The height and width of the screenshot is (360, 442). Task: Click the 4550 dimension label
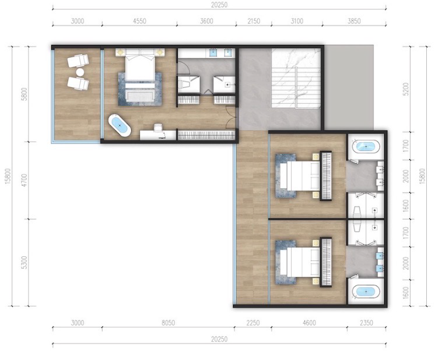[x=139, y=21]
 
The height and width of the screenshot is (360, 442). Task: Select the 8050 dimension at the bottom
[x=169, y=323]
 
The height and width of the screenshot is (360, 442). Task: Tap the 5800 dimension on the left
[x=24, y=94]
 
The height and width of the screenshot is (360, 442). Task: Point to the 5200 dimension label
[x=406, y=89]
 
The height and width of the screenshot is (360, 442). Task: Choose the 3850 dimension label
[x=354, y=21]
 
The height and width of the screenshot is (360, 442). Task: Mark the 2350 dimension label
[x=366, y=323]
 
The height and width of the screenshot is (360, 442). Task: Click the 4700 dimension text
[x=24, y=180]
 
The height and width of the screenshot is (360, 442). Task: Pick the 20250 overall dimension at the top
[x=219, y=5]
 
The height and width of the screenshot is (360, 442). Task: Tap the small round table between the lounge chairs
[x=80, y=72]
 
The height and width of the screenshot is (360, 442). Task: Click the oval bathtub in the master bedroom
[x=120, y=125]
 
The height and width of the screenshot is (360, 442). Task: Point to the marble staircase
[x=296, y=78]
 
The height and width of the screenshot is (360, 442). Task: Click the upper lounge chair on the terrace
[x=78, y=61]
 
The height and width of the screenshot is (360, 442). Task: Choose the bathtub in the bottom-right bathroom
[x=366, y=291]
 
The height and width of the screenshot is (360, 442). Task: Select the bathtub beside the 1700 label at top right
[x=366, y=147]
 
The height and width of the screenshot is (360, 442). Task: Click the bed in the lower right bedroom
[x=300, y=262]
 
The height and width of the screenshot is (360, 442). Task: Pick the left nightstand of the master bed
[x=120, y=52]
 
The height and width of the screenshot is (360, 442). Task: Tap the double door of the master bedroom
[x=231, y=118]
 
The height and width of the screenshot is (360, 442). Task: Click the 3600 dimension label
[x=206, y=21]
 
